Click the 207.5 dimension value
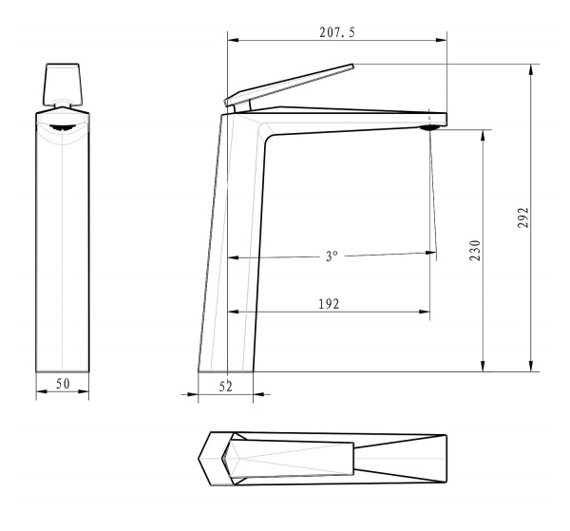tap(337, 32)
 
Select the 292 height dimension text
tap(522, 218)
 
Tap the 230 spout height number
tap(475, 250)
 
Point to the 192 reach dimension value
tap(329, 304)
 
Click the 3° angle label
tap(332, 256)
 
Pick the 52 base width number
tap(225, 387)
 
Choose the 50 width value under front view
tap(63, 384)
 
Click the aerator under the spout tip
tap(429, 127)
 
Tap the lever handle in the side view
tap(289, 85)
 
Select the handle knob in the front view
tap(63, 84)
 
